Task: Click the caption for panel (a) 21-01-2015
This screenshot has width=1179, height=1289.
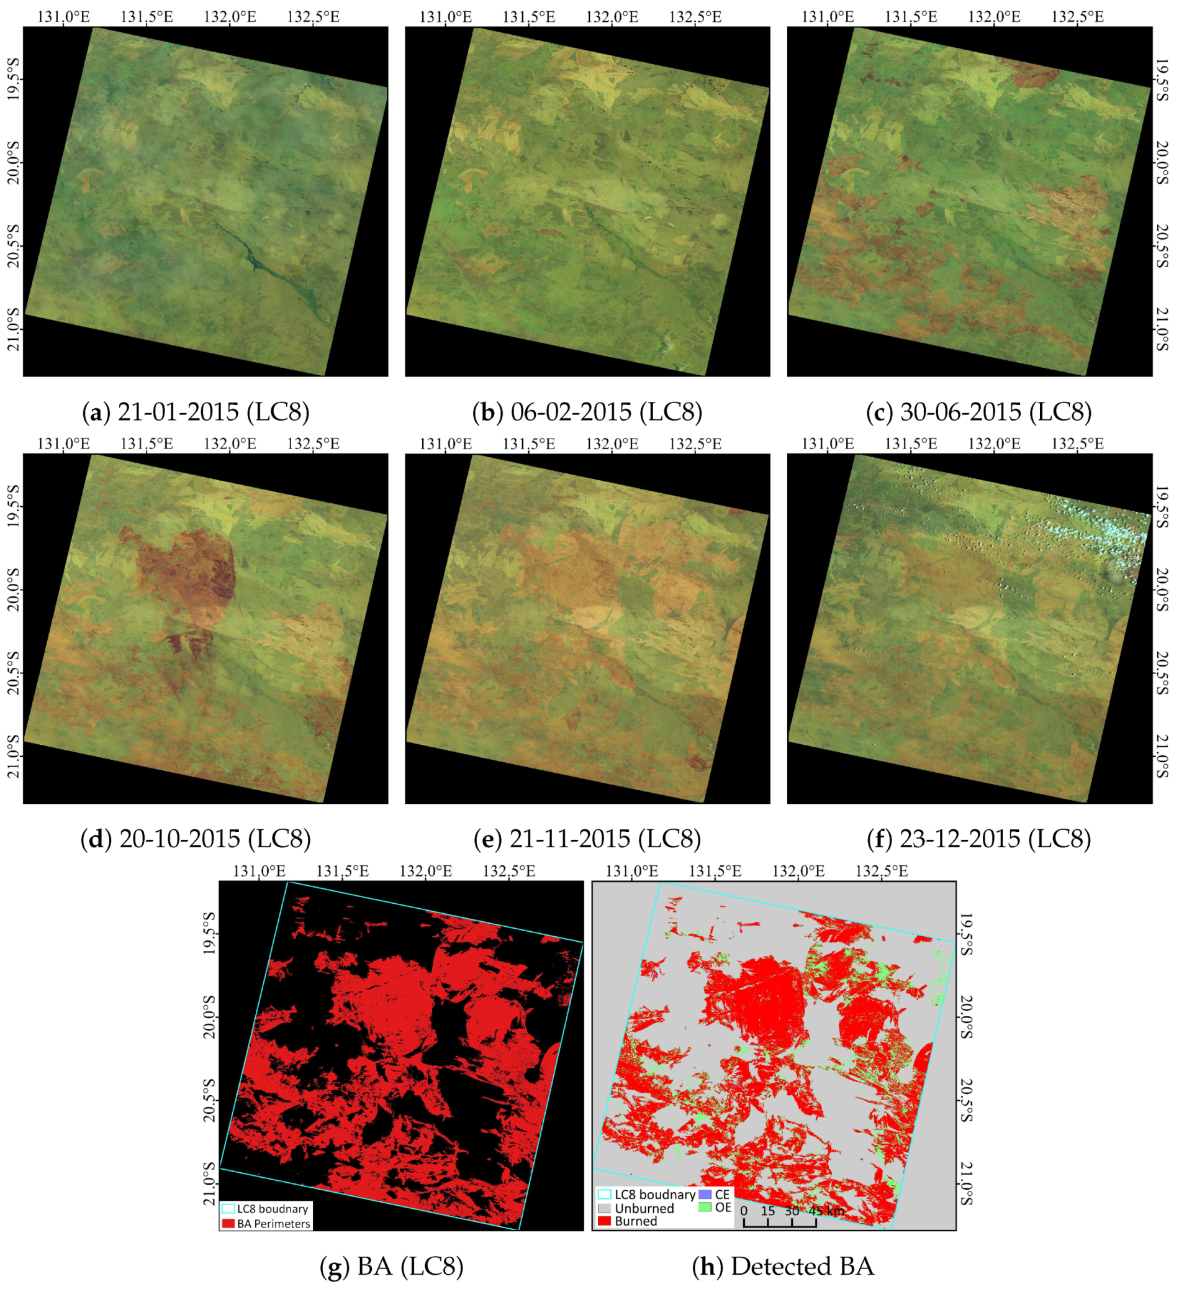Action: [x=196, y=412]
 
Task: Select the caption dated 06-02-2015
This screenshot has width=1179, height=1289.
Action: [x=587, y=412]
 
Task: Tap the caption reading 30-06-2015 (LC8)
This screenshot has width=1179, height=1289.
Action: [x=978, y=412]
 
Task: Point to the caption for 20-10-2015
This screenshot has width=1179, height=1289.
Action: [x=196, y=839]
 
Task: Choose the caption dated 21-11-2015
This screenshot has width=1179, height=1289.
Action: [x=587, y=839]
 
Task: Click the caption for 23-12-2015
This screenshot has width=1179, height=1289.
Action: [x=978, y=839]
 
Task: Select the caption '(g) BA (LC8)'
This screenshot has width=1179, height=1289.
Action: [x=391, y=1266]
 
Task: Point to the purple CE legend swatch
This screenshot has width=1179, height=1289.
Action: [x=704, y=1195]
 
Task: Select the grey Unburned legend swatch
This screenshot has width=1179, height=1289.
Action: [x=605, y=1208]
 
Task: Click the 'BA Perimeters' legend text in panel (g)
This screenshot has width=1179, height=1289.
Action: [x=274, y=1224]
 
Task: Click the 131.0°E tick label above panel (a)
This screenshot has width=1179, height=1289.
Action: [x=63, y=17]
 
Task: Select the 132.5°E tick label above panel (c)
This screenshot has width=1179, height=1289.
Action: [x=1077, y=17]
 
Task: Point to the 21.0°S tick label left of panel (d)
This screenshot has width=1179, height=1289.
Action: [x=13, y=757]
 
